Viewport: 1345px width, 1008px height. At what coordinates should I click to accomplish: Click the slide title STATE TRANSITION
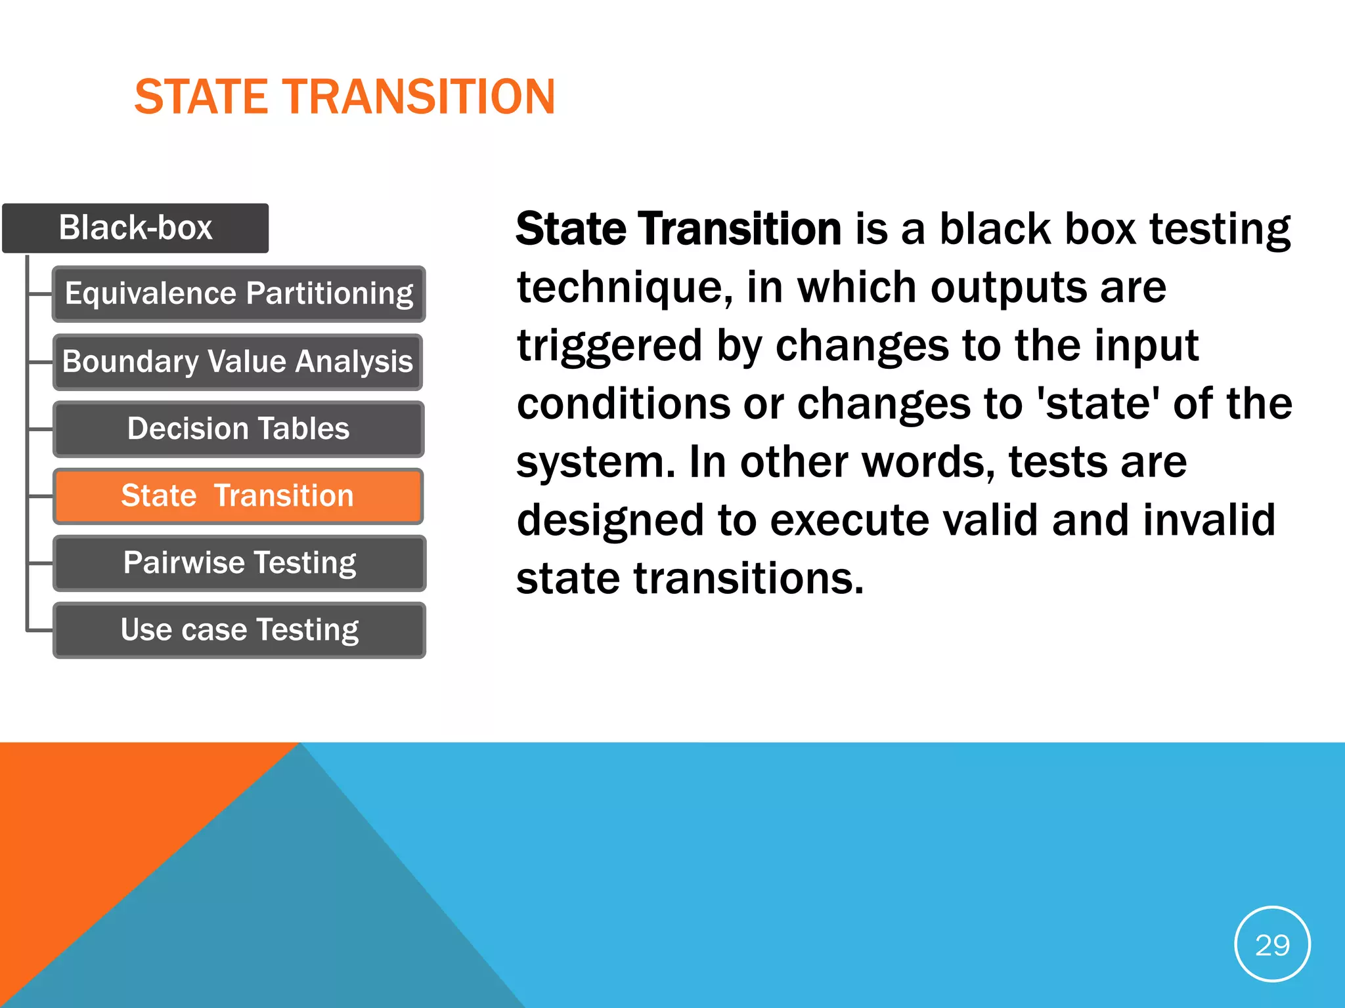345,97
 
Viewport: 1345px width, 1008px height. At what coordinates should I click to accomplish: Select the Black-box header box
135,228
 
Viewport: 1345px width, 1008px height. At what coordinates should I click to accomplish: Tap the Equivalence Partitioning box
238,293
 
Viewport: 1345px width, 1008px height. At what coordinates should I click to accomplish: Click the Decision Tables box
238,429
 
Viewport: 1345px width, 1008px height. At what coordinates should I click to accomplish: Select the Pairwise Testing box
239,563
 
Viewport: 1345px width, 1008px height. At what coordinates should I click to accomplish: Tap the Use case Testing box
239,630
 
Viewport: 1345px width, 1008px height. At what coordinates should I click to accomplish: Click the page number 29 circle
1272,944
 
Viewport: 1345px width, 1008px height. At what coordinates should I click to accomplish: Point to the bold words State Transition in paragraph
678,229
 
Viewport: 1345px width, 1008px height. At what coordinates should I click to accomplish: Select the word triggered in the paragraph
609,346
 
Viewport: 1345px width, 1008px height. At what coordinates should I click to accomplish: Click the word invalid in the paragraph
1208,520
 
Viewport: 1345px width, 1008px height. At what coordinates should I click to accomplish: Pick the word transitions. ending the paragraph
748,578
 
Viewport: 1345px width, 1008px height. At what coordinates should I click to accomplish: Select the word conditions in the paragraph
623,404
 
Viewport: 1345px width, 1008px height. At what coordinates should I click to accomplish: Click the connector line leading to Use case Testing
39,631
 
